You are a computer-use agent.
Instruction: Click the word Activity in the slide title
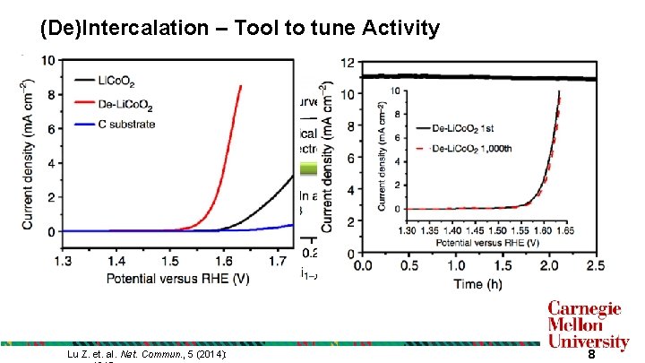click(x=400, y=29)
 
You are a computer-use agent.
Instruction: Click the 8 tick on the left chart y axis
click(x=31, y=94)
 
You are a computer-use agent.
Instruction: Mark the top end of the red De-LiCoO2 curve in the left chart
click(x=240, y=86)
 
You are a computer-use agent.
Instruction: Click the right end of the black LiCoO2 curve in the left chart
click(x=293, y=177)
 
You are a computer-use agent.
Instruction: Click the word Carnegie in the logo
click(x=585, y=309)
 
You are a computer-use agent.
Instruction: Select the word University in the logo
click(x=588, y=341)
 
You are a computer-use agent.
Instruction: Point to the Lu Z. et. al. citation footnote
click(x=147, y=356)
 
